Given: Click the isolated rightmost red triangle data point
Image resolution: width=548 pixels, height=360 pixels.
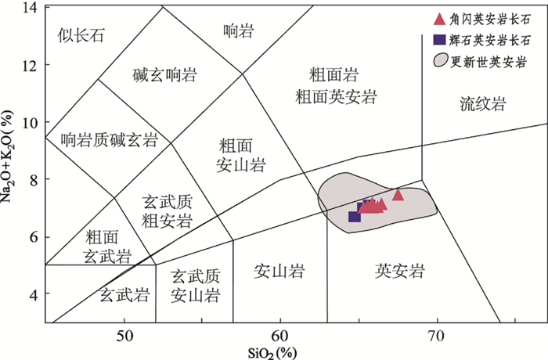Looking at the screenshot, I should [x=398, y=195].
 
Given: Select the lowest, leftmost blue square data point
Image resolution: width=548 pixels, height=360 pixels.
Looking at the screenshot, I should [x=354, y=216].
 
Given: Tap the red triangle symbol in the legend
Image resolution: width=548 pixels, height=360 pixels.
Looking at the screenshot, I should [x=440, y=19].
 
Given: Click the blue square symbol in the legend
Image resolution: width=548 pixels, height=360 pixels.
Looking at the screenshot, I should [x=440, y=39].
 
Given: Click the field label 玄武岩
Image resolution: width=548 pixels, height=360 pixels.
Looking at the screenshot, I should [x=124, y=295].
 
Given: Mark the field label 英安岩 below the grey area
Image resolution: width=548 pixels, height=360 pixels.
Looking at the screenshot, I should [x=399, y=271].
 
